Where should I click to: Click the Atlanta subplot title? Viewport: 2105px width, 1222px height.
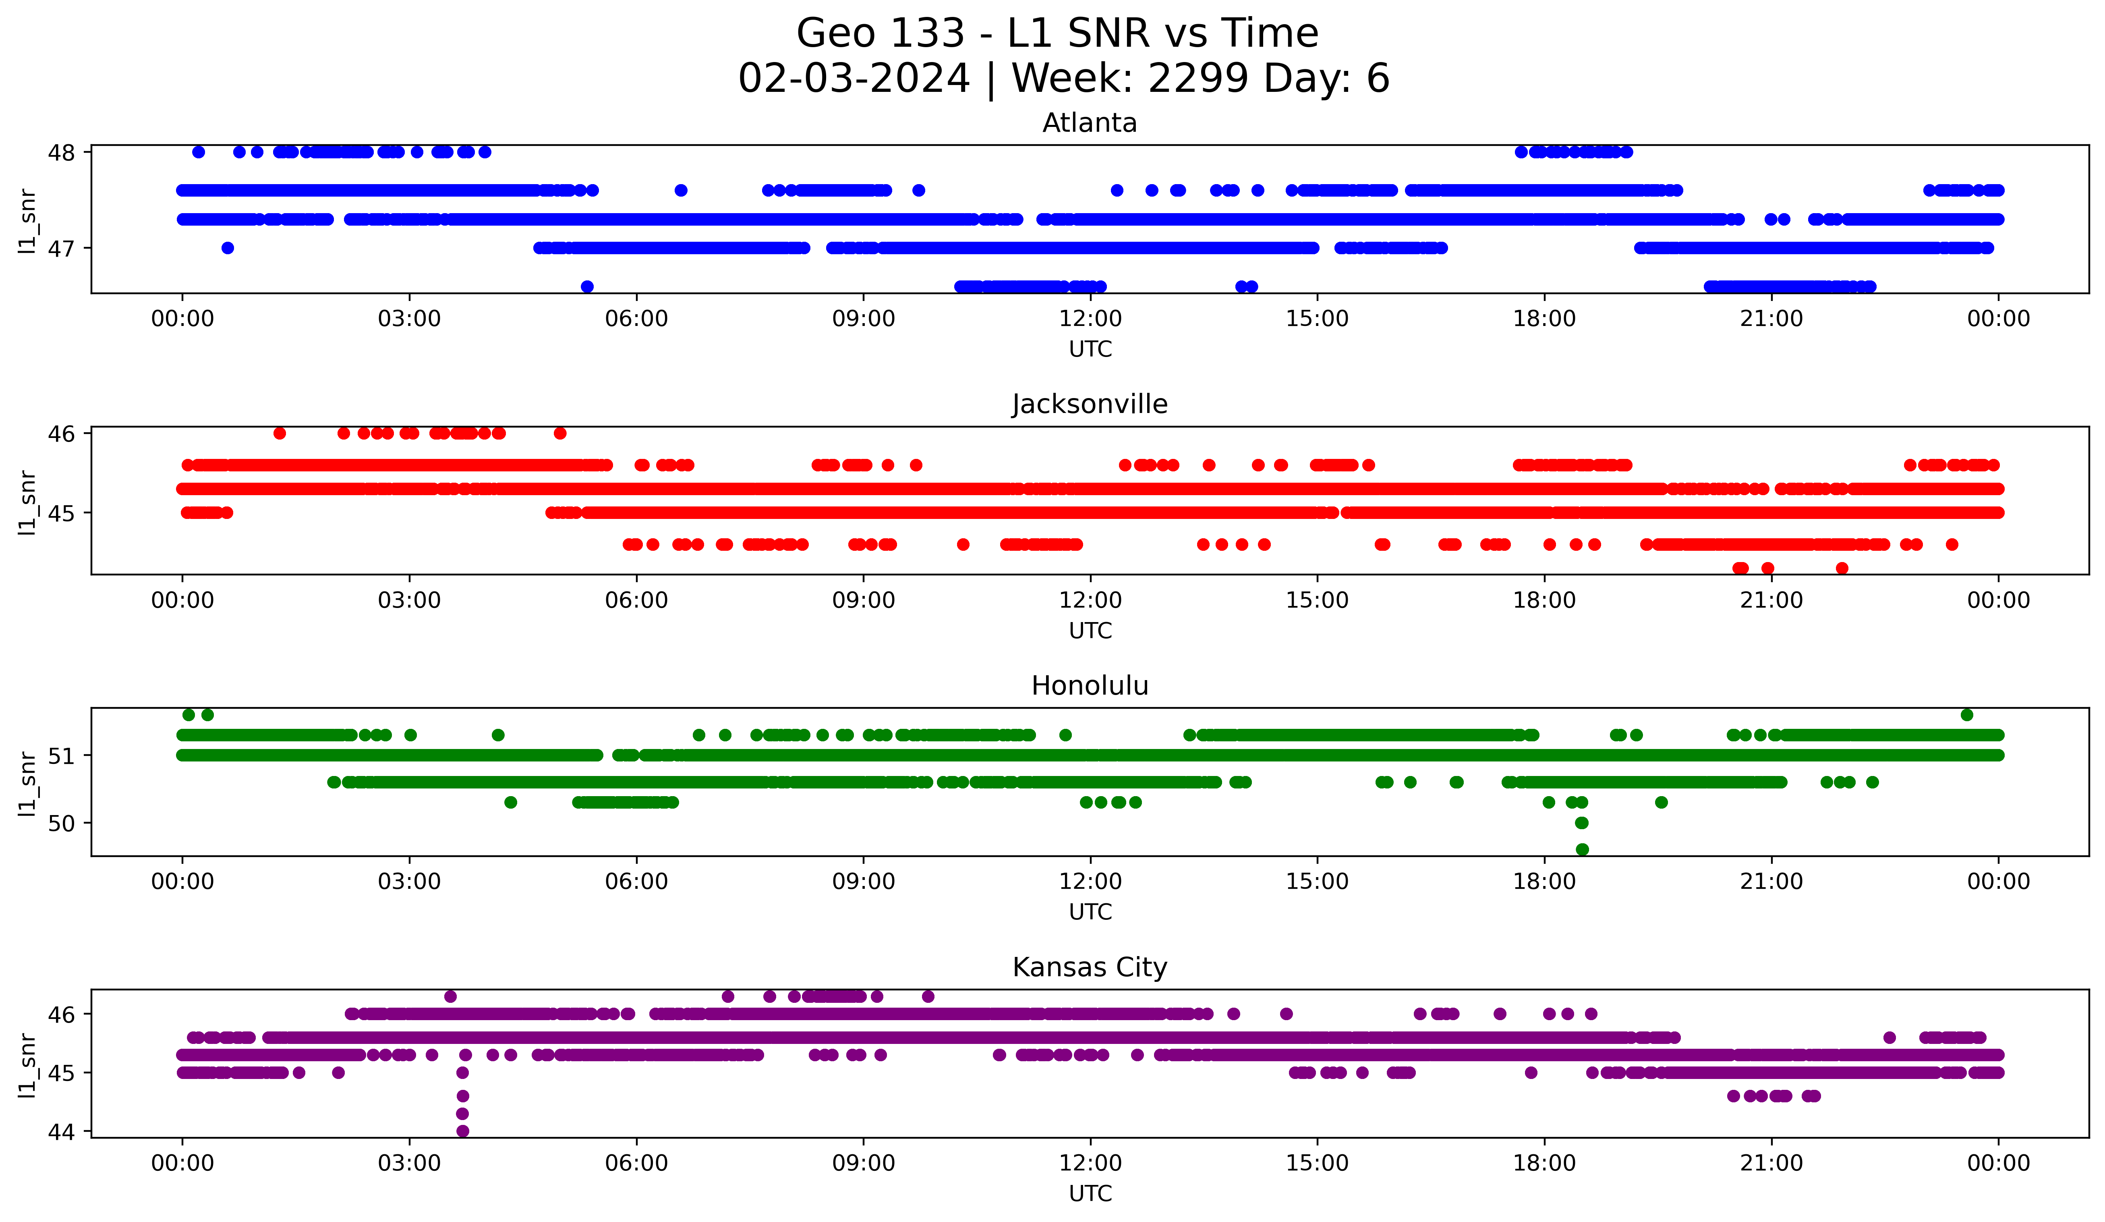coord(1089,123)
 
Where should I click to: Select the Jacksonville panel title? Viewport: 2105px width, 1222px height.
coord(1089,404)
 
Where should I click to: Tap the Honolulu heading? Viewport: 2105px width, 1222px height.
coord(1089,686)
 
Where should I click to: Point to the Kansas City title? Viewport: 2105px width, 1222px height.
coord(1089,967)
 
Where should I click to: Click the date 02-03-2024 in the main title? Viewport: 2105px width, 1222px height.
coord(854,79)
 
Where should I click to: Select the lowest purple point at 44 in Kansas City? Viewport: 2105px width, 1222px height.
coord(463,1131)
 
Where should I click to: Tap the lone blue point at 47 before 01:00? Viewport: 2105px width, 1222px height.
coord(227,248)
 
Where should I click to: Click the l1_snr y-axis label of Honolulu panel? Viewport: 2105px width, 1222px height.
coord(27,783)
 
